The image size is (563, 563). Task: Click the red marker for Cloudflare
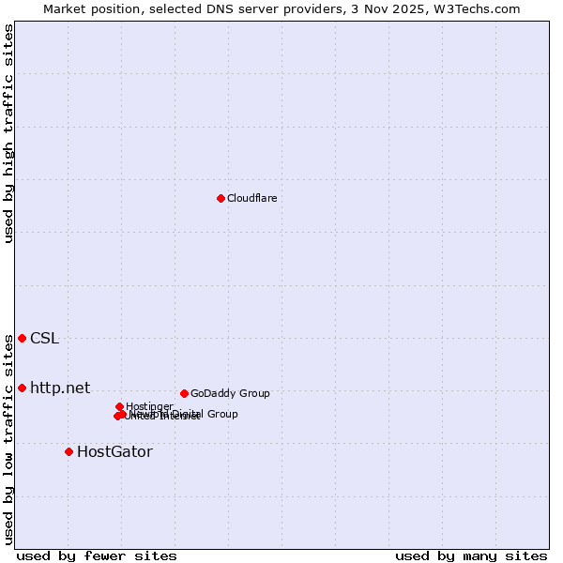coord(221,198)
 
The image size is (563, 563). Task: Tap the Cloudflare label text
coord(251,198)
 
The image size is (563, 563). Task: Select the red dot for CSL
coord(22,338)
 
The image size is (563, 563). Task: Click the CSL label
coord(44,338)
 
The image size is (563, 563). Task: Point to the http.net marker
coord(22,388)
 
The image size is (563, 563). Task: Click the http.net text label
coord(60,388)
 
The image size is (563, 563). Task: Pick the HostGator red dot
coord(68,451)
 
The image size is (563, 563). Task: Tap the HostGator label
coord(114,451)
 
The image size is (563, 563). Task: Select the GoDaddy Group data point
coord(184,393)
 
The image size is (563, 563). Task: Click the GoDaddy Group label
coord(230,393)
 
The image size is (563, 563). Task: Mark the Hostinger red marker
coord(119,406)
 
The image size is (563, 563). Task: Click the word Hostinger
coord(149,406)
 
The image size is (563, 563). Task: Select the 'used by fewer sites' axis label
coord(96,555)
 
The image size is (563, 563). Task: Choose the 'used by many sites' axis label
coord(471,555)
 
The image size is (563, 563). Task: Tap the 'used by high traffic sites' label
coord(8,133)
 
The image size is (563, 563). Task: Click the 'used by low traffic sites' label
coord(8,438)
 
